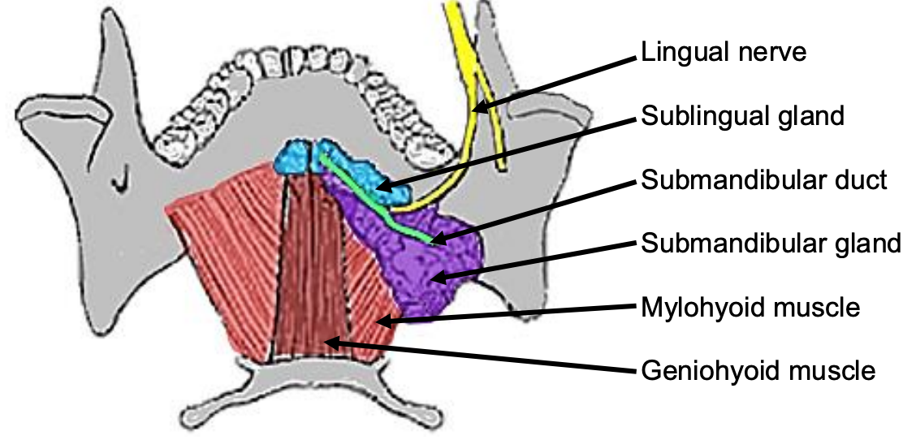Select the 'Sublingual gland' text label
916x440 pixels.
(742, 117)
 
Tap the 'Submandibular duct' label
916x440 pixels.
(763, 179)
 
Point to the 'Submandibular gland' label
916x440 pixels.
(771, 243)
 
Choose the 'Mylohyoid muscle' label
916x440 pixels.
(750, 308)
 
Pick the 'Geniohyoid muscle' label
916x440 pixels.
(758, 372)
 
